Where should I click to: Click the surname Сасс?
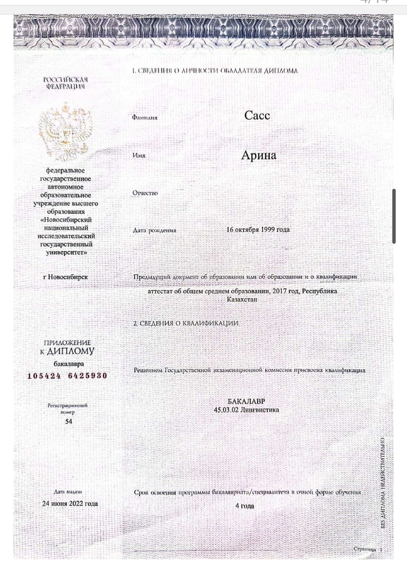pyautogui.click(x=257, y=115)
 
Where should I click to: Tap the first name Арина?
pyautogui.click(x=259, y=155)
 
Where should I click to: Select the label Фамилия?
pyautogui.click(x=145, y=118)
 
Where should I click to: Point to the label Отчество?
pyautogui.click(x=145, y=193)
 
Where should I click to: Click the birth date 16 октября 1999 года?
pyautogui.click(x=258, y=229)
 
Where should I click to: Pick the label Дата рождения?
pyautogui.click(x=155, y=230)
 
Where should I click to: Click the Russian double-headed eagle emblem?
pyautogui.click(x=66, y=132)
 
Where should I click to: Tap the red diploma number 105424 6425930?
pyautogui.click(x=67, y=376)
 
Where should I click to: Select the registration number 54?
pyautogui.click(x=68, y=421)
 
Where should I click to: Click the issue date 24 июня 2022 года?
pyautogui.click(x=70, y=504)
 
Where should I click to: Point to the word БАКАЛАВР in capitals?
pyautogui.click(x=246, y=401)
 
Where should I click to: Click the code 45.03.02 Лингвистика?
pyautogui.click(x=246, y=410)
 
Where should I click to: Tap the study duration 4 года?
pyautogui.click(x=245, y=506)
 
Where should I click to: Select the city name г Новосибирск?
pyautogui.click(x=66, y=277)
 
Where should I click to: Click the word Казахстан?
pyautogui.click(x=242, y=299)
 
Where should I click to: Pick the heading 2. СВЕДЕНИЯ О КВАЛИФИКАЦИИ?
pyautogui.click(x=185, y=323)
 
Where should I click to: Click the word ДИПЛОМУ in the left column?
pyautogui.click(x=71, y=351)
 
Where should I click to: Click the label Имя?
pyautogui.click(x=139, y=155)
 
